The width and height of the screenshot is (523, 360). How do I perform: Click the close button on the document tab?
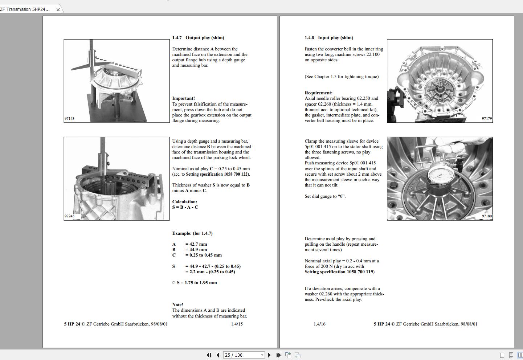[x=58, y=9]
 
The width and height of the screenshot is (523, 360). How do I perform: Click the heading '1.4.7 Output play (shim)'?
[x=198, y=38]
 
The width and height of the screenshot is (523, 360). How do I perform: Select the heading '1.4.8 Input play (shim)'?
[x=328, y=38]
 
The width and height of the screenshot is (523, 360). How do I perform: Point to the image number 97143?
[x=69, y=119]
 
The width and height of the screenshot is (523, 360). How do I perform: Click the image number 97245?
[x=69, y=216]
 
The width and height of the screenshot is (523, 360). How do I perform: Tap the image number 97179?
[x=487, y=119]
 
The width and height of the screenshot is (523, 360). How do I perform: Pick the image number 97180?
[x=487, y=216]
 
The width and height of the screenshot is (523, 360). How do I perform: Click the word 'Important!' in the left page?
[x=183, y=98]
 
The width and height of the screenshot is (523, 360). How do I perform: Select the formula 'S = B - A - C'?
[x=185, y=207]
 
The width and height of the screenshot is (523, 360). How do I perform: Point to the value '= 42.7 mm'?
[x=196, y=244]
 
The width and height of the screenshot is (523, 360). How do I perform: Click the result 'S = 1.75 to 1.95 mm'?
[x=196, y=283]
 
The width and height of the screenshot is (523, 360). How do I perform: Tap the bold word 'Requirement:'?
[x=318, y=93]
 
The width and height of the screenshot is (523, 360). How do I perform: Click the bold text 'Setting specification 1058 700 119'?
[x=339, y=272]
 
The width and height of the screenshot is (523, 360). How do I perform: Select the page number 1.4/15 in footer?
[x=237, y=324]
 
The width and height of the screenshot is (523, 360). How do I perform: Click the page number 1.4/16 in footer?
[x=319, y=324]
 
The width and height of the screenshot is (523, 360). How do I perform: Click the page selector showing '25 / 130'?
[x=244, y=355]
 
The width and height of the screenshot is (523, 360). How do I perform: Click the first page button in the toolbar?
[x=209, y=355]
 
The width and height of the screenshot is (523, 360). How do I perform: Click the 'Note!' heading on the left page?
[x=177, y=305]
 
